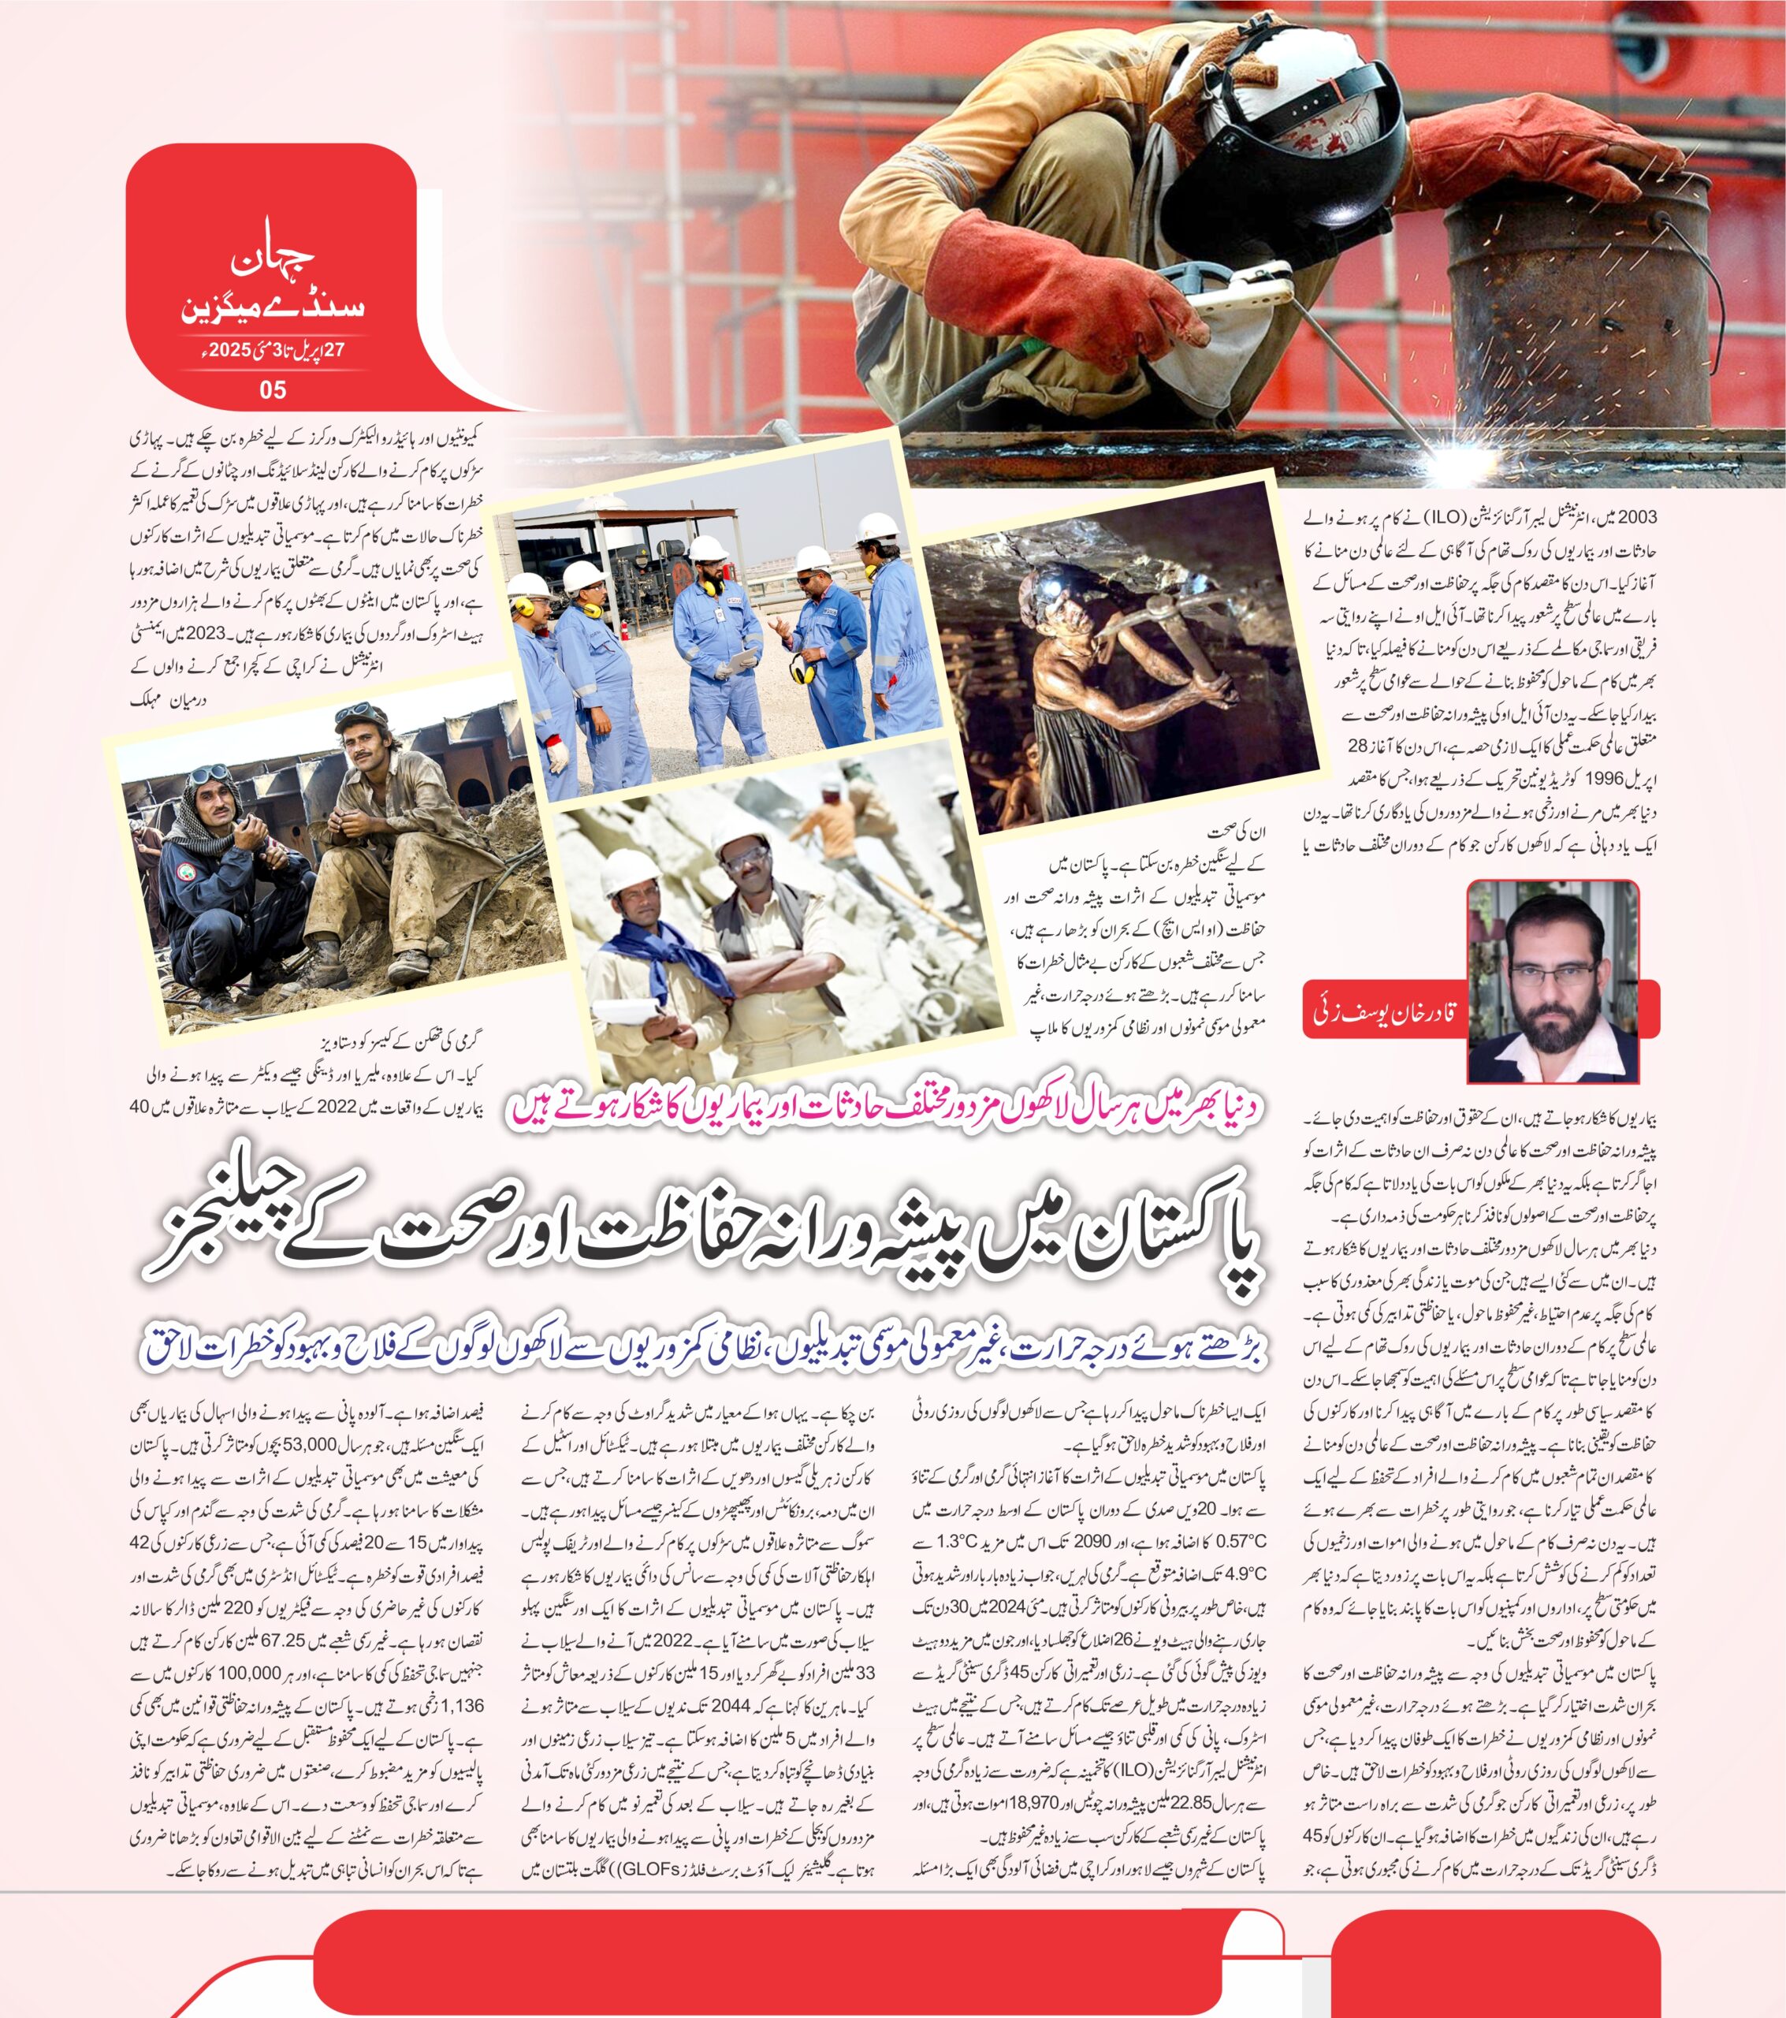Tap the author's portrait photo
1552,981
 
